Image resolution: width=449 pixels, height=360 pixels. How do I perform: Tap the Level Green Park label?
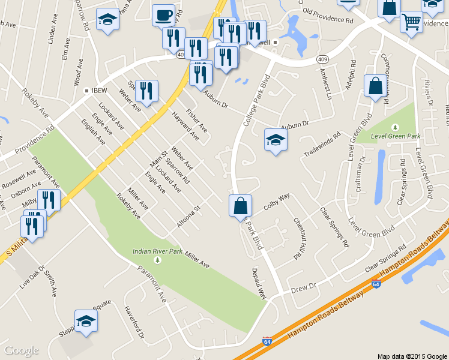[x=395, y=137]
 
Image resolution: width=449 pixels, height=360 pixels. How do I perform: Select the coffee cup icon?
[x=163, y=14]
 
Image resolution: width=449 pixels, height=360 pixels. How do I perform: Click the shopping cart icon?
[x=411, y=22]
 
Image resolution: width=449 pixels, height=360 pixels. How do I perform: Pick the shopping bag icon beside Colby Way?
[x=240, y=206]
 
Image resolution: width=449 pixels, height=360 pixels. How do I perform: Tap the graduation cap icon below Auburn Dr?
[x=276, y=140]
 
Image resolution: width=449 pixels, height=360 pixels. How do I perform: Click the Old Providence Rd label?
[x=328, y=15]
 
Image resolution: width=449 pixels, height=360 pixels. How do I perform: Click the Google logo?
[x=22, y=350]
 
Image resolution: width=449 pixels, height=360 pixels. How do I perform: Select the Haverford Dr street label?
[x=134, y=324]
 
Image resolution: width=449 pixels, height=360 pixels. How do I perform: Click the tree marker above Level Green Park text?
[x=395, y=127]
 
